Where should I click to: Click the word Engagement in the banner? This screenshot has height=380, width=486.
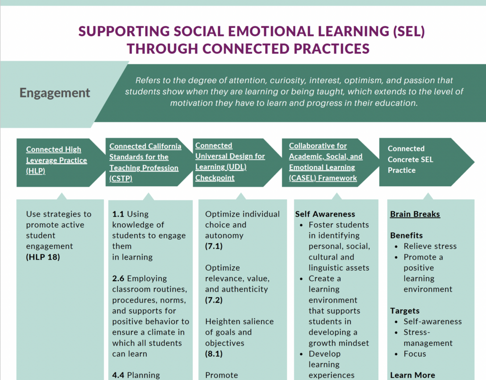55,93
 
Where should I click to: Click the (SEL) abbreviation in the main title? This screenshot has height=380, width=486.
409,31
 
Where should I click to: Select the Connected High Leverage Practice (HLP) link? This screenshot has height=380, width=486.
56,160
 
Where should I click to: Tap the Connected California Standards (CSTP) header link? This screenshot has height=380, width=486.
145,162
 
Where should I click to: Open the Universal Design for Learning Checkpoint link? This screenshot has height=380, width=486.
230,161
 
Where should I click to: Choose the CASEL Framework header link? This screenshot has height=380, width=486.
326,161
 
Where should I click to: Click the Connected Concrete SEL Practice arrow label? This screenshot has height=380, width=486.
411,159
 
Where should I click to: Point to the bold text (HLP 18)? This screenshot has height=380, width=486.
43,257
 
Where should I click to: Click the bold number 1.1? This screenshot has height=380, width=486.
118,214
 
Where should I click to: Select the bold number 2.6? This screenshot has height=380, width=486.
118,278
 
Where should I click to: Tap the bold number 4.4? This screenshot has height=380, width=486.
118,375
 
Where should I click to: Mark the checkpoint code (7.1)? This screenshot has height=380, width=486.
214,247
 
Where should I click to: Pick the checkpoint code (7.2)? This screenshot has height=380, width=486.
214,300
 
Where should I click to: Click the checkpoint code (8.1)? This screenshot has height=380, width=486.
214,353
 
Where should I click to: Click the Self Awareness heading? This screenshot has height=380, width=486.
325,214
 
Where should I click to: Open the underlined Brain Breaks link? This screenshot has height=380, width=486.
415,214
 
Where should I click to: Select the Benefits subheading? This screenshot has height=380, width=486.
406,236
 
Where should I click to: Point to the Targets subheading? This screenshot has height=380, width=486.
405,311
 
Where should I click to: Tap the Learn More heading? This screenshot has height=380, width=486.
412,375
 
